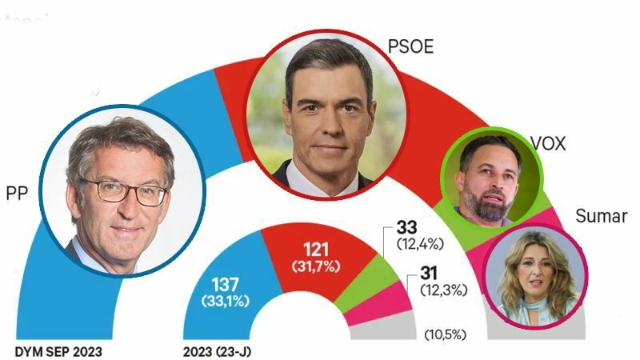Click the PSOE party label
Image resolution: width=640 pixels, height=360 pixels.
click(x=410, y=47)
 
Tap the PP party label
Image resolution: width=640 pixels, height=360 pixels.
click(x=18, y=194)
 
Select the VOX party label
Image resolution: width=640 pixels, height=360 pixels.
click(x=548, y=144)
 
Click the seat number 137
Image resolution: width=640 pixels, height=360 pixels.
click(x=226, y=286)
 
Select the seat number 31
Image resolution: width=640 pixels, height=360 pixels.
click(x=430, y=274)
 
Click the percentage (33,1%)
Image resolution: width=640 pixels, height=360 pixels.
click(x=226, y=302)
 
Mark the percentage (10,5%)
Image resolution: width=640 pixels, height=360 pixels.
click(x=446, y=334)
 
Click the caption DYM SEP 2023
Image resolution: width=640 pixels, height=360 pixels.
click(x=59, y=351)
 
